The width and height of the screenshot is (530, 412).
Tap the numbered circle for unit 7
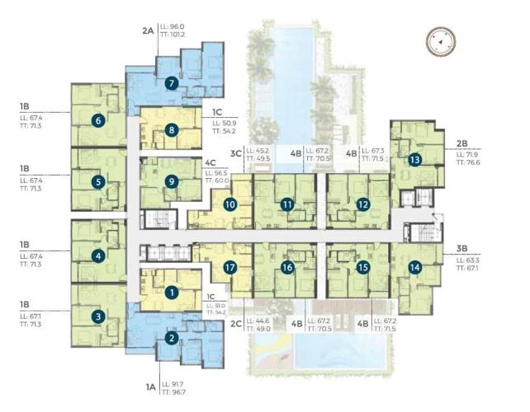point(171,82)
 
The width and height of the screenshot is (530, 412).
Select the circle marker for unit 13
point(414,159)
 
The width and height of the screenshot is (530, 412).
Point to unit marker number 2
point(171,337)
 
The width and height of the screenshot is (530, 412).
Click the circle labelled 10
point(230,204)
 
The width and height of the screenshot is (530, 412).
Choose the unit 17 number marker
point(230,267)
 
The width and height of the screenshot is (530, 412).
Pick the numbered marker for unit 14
point(414,267)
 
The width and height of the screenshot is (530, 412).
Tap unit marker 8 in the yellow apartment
point(171,129)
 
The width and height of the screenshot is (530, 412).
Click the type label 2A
point(148,30)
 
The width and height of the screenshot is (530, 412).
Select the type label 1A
point(149,384)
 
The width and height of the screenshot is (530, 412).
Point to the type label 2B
point(461,143)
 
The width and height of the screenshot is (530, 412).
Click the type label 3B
point(461,246)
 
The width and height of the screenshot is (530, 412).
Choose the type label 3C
point(235,152)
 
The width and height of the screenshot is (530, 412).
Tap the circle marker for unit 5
point(98,182)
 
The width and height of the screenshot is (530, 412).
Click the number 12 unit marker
point(362,204)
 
